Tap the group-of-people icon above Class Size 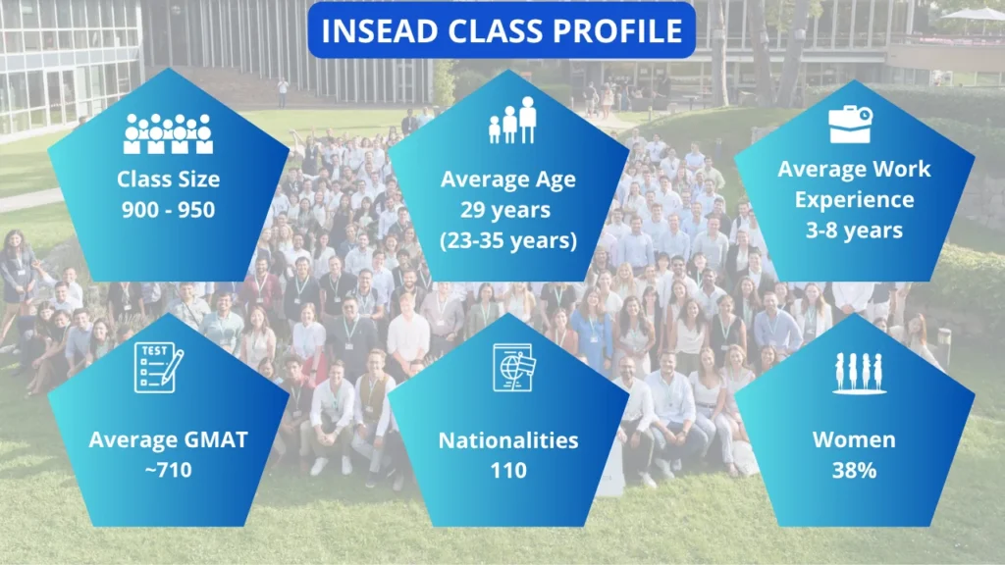168,133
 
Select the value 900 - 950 168,210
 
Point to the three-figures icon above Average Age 512,120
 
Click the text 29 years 505,210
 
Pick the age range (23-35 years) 508,240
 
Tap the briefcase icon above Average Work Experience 851,124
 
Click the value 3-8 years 854,230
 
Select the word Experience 855,199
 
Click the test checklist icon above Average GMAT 158,367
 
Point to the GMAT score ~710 168,470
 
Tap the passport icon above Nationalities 513,367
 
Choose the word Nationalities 508,440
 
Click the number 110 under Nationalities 508,470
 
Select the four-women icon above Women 859,372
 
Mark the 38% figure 854,470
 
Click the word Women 854,439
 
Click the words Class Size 168,179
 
